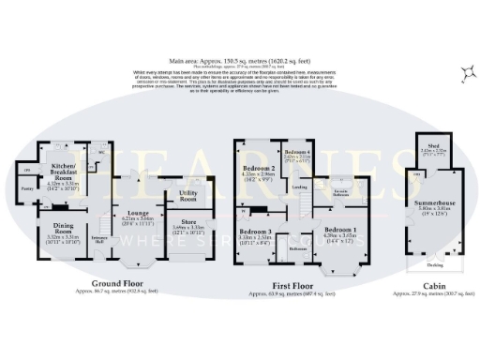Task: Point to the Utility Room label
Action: point(187,196)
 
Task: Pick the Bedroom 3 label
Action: point(254,231)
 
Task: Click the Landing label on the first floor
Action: point(300,187)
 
